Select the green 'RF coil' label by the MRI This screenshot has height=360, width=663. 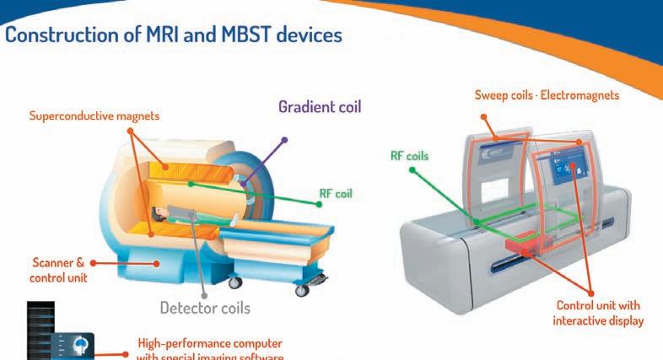click(335, 193)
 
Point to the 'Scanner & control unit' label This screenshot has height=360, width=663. click(51, 269)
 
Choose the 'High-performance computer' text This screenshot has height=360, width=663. click(210, 343)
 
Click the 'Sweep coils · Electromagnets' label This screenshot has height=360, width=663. click(546, 95)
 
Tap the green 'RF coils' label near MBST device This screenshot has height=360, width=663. click(407, 155)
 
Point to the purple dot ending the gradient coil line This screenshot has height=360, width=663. click(285, 140)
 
